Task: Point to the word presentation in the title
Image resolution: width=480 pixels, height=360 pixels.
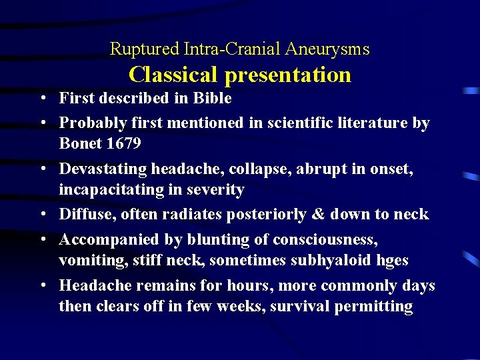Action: pyautogui.click(x=288, y=75)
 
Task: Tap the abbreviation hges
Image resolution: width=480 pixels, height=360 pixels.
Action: pyautogui.click(x=393, y=260)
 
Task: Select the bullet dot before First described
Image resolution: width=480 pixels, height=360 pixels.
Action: pyautogui.click(x=41, y=99)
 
